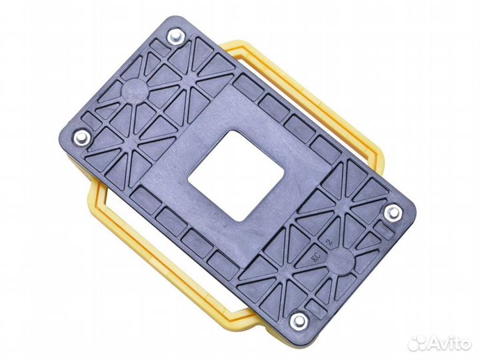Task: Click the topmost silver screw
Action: pyautogui.click(x=177, y=37)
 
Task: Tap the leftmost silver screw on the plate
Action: pyautogui.click(x=82, y=137)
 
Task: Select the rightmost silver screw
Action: pyautogui.click(x=393, y=212)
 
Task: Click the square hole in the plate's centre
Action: pyautogui.click(x=236, y=175)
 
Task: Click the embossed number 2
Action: pyautogui.click(x=329, y=243)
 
